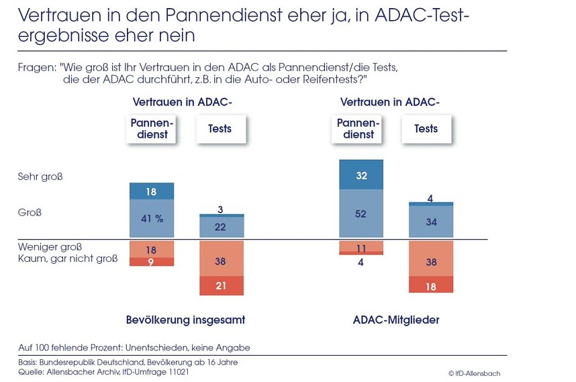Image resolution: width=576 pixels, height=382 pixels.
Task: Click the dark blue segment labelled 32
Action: [361, 175]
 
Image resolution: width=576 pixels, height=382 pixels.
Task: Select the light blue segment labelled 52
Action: [361, 213]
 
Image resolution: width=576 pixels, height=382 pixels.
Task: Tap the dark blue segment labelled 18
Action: [152, 191]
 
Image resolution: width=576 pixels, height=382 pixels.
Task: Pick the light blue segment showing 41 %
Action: [152, 218]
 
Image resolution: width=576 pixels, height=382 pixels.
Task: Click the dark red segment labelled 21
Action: [222, 286]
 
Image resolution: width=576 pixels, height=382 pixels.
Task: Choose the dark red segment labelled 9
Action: [152, 262]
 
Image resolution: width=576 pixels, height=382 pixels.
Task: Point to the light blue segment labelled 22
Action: [222, 227]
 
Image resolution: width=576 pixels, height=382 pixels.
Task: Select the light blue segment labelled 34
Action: [431, 222]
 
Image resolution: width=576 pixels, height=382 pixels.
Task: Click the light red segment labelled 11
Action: [361, 246]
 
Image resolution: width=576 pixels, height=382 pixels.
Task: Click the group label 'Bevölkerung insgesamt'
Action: [185, 320]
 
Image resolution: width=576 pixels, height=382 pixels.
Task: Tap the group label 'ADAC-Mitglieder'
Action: [396, 320]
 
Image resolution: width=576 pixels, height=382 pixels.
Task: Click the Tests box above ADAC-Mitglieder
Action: [426, 129]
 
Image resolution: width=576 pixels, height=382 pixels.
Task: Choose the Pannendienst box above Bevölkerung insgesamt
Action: [152, 129]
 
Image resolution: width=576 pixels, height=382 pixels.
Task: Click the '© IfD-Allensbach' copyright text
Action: [474, 373]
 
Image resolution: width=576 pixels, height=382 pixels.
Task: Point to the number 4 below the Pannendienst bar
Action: [361, 262]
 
